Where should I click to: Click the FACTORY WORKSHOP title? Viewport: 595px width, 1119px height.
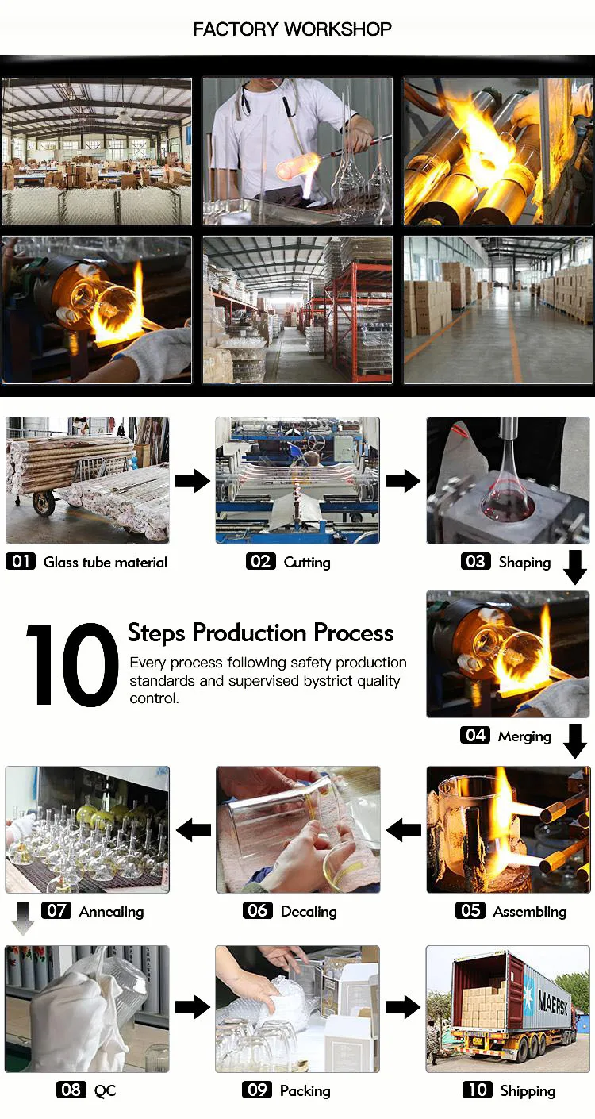(x=292, y=29)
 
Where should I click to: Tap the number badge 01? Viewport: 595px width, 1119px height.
(x=21, y=561)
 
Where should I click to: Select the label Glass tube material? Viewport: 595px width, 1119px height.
(x=106, y=562)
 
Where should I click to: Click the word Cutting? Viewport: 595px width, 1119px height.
(x=307, y=563)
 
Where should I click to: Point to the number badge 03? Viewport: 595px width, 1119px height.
(x=475, y=561)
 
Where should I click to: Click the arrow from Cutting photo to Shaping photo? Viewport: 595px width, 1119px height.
(x=403, y=481)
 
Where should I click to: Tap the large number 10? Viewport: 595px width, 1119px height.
(x=72, y=665)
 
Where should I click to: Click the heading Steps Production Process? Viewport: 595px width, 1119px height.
(x=260, y=633)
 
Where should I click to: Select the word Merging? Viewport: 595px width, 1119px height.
(x=524, y=736)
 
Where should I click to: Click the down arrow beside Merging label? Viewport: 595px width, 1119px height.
(x=575, y=741)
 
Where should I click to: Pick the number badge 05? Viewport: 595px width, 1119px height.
(x=470, y=910)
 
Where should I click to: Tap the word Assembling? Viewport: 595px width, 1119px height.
(x=530, y=912)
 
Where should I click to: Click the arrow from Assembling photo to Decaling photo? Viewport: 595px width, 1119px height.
(x=404, y=830)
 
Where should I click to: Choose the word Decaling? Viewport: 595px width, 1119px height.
(x=309, y=912)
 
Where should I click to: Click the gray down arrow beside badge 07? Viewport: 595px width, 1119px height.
(x=22, y=918)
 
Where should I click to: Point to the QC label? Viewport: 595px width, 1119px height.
(x=105, y=1091)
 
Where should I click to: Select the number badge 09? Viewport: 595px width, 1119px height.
(x=257, y=1090)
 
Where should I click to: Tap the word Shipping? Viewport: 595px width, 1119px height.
(x=528, y=1091)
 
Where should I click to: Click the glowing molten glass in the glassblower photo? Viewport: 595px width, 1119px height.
(x=298, y=167)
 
